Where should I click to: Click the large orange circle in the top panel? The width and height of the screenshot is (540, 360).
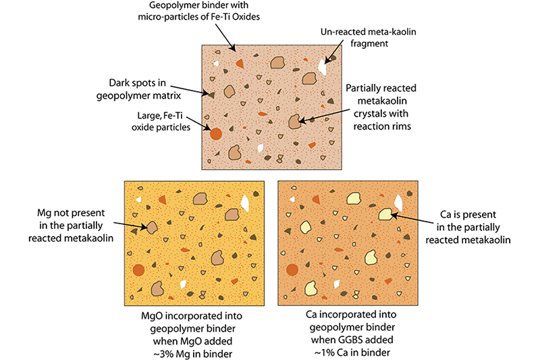[216, 134]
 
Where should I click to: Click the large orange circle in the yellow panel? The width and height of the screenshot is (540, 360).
[138, 270]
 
